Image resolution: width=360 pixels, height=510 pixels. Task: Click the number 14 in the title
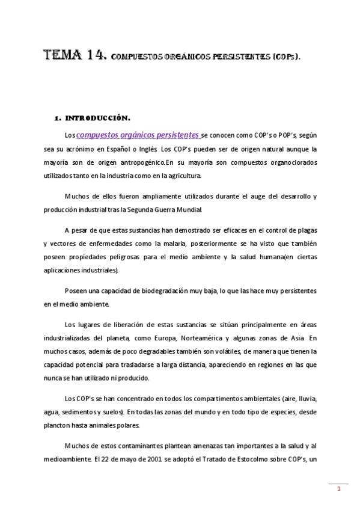click(94, 57)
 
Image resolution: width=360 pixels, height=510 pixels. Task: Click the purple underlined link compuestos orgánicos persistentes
click(138, 135)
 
